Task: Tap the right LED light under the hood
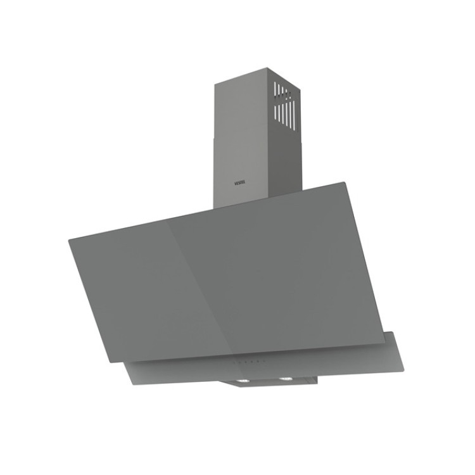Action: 283,380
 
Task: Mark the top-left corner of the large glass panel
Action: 68,236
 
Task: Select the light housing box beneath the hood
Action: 266,384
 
